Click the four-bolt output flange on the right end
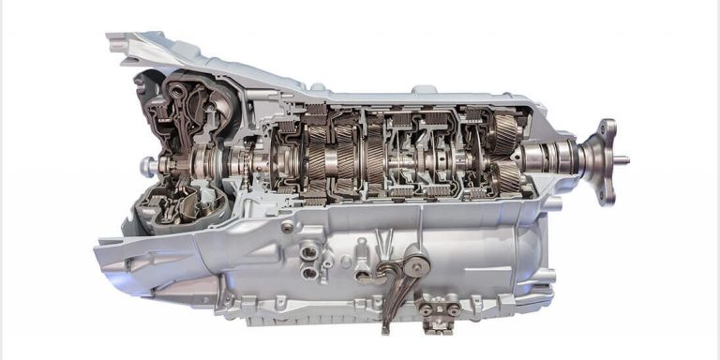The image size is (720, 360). pos(606,160)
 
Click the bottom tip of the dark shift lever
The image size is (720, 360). pos(384,327)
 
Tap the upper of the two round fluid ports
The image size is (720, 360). pos(307,250)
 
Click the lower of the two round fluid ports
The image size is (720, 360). pos(308,273)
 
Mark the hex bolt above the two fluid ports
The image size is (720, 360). pos(287,226)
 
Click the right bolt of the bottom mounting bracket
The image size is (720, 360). pos(453,308)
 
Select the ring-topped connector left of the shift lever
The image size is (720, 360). pos(361,268)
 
